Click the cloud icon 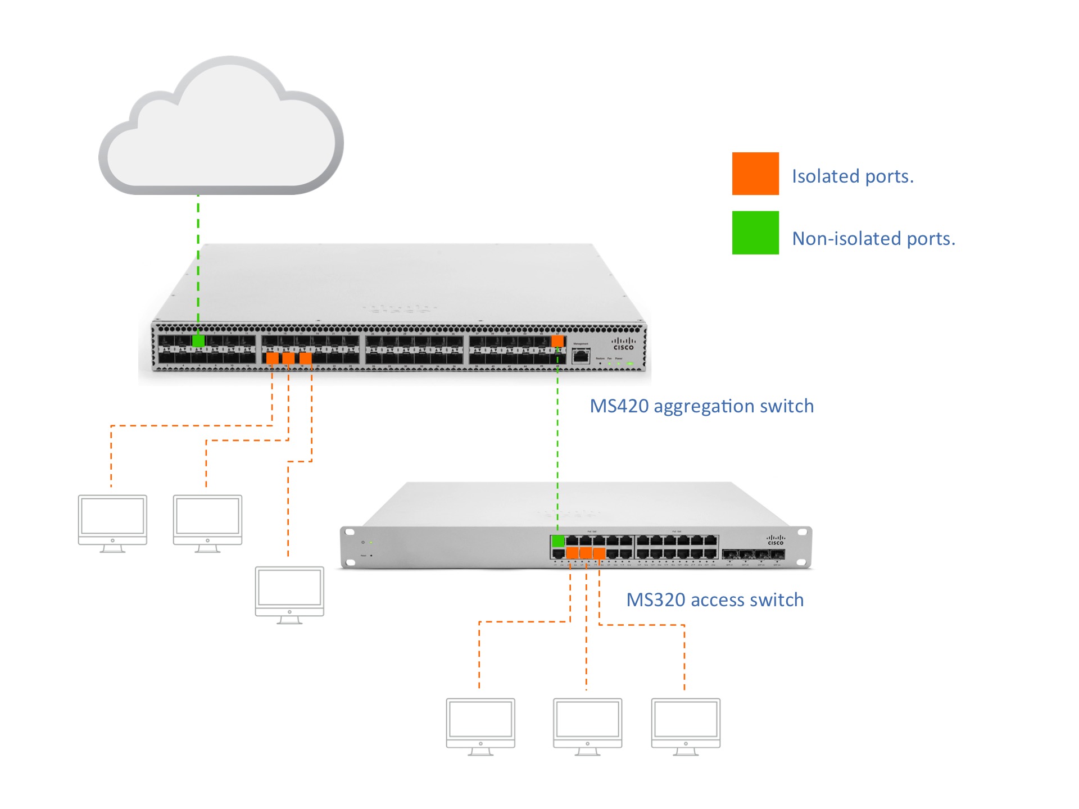(x=221, y=132)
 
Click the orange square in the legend (x=755, y=174)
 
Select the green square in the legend (x=755, y=233)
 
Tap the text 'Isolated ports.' (x=852, y=176)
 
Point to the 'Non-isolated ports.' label (x=873, y=239)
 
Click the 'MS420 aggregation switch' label (x=701, y=406)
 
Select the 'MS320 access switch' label (x=714, y=600)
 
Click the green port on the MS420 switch (x=198, y=341)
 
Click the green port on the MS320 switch (x=558, y=541)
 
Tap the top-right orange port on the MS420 (x=557, y=341)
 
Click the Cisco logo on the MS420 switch (x=623, y=344)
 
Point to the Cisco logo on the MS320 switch (x=776, y=540)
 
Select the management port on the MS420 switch (x=581, y=356)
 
